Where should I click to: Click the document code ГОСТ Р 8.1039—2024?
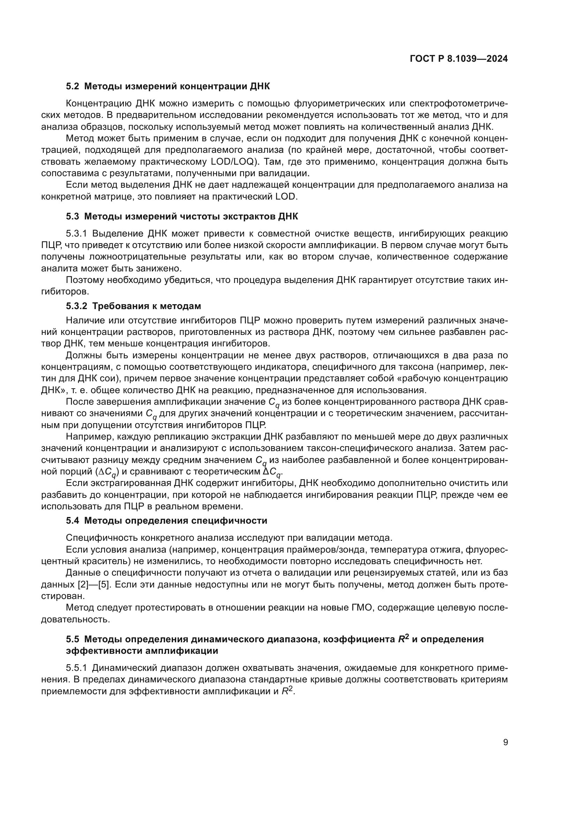pyautogui.click(x=459, y=59)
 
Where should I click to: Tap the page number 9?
pyautogui.click(x=505, y=742)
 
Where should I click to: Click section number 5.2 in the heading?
pyautogui.click(x=73, y=87)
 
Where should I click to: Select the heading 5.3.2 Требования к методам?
pyautogui.click(x=133, y=306)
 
